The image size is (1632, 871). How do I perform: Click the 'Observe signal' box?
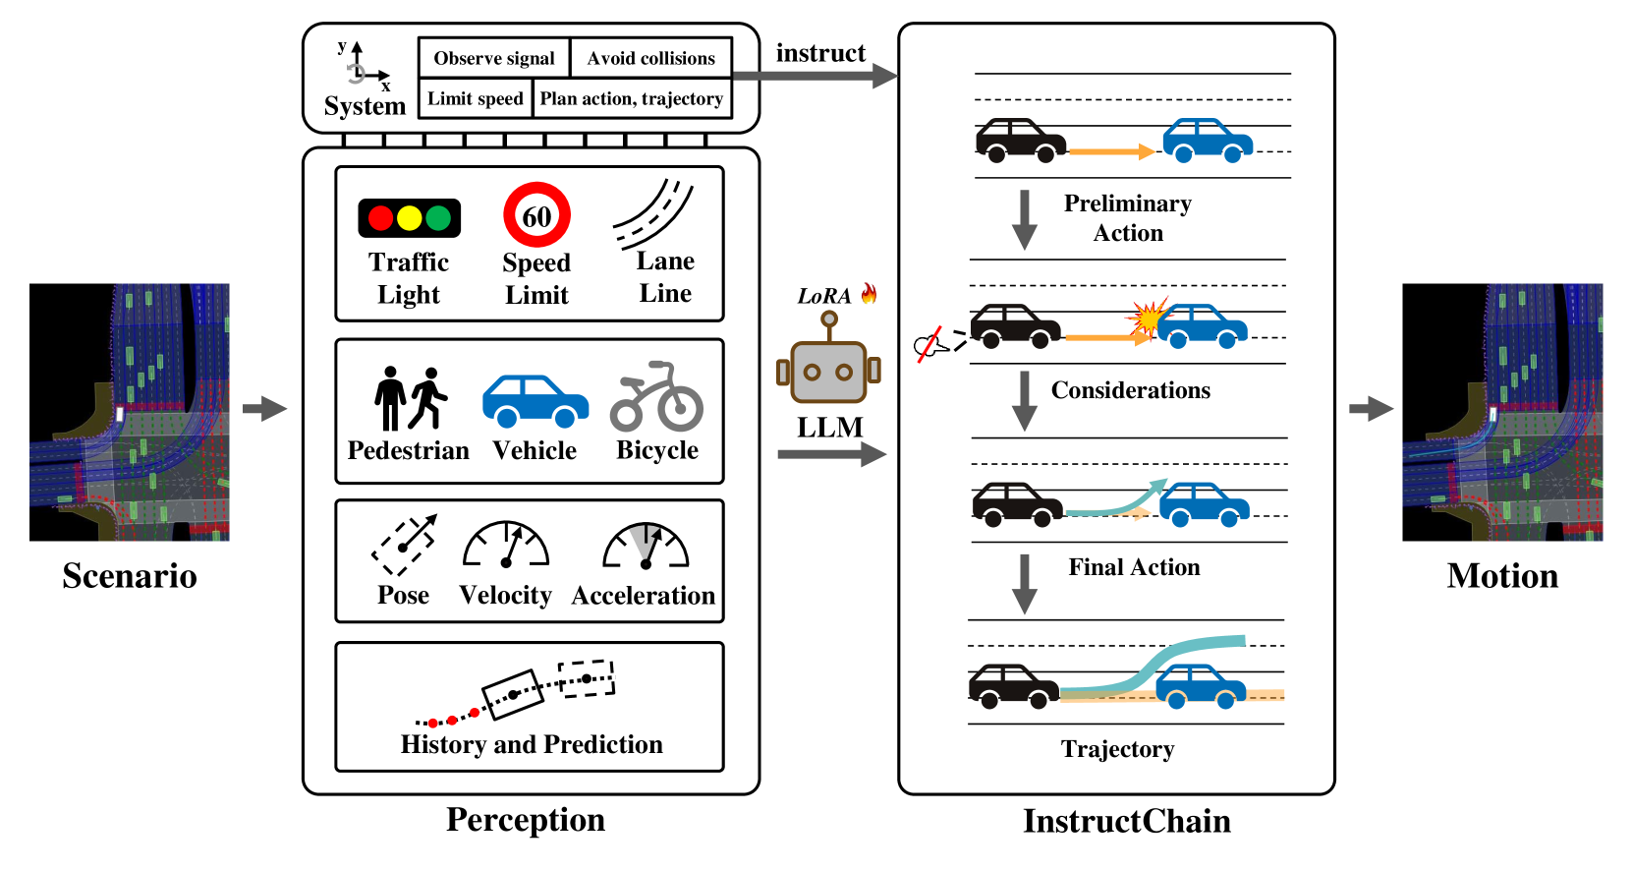click(x=494, y=58)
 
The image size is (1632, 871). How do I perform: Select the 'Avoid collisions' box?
click(x=651, y=58)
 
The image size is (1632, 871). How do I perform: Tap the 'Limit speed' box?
click(x=476, y=98)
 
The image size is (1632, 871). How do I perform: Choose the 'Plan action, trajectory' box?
click(x=632, y=98)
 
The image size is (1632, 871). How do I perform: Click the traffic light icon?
click(x=409, y=218)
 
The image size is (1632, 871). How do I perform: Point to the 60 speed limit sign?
click(x=536, y=215)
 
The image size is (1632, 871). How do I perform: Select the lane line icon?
click(x=654, y=214)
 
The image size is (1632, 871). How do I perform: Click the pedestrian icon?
click(x=410, y=398)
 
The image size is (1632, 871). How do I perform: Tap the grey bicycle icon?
click(x=656, y=398)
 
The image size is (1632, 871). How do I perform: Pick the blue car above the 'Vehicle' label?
click(x=535, y=401)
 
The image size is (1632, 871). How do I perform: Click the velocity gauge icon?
click(x=506, y=545)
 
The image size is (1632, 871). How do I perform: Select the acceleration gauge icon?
click(x=646, y=546)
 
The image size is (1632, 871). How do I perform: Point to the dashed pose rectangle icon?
click(x=404, y=545)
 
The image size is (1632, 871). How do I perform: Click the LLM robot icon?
click(x=828, y=364)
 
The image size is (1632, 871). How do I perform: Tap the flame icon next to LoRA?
click(x=869, y=293)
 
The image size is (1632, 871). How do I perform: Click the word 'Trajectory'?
click(x=1117, y=749)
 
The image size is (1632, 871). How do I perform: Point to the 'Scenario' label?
click(x=130, y=576)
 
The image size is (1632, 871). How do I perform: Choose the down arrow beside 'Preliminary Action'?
click(x=1025, y=219)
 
